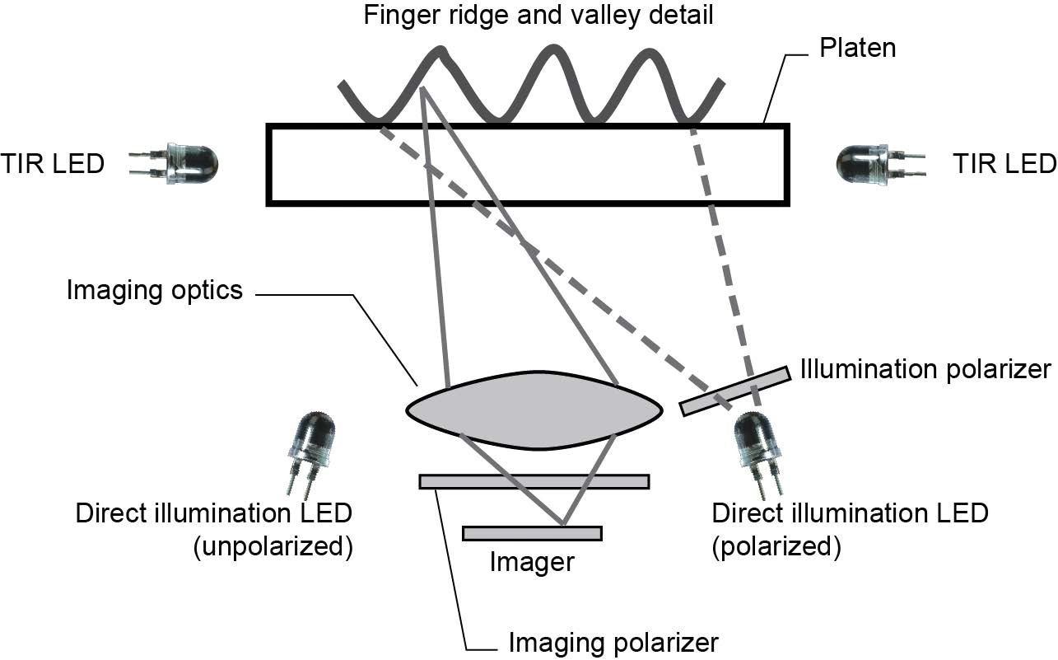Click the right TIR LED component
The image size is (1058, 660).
pos(865,165)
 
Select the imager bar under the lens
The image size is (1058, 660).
pos(532,533)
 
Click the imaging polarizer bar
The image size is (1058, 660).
pos(534,481)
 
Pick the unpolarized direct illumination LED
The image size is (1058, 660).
pos(311,445)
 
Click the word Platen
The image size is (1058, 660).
pos(857,48)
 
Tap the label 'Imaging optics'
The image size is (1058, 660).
pos(155,291)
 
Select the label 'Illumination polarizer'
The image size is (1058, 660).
pos(926,369)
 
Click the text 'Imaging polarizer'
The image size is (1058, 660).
pos(613,642)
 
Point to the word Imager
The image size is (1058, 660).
pos(531,563)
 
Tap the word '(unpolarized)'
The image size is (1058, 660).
pos(273,547)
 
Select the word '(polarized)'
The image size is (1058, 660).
pos(776,547)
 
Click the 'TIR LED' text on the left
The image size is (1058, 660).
pos(53,164)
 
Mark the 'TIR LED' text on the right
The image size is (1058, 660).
pos(1004,164)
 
